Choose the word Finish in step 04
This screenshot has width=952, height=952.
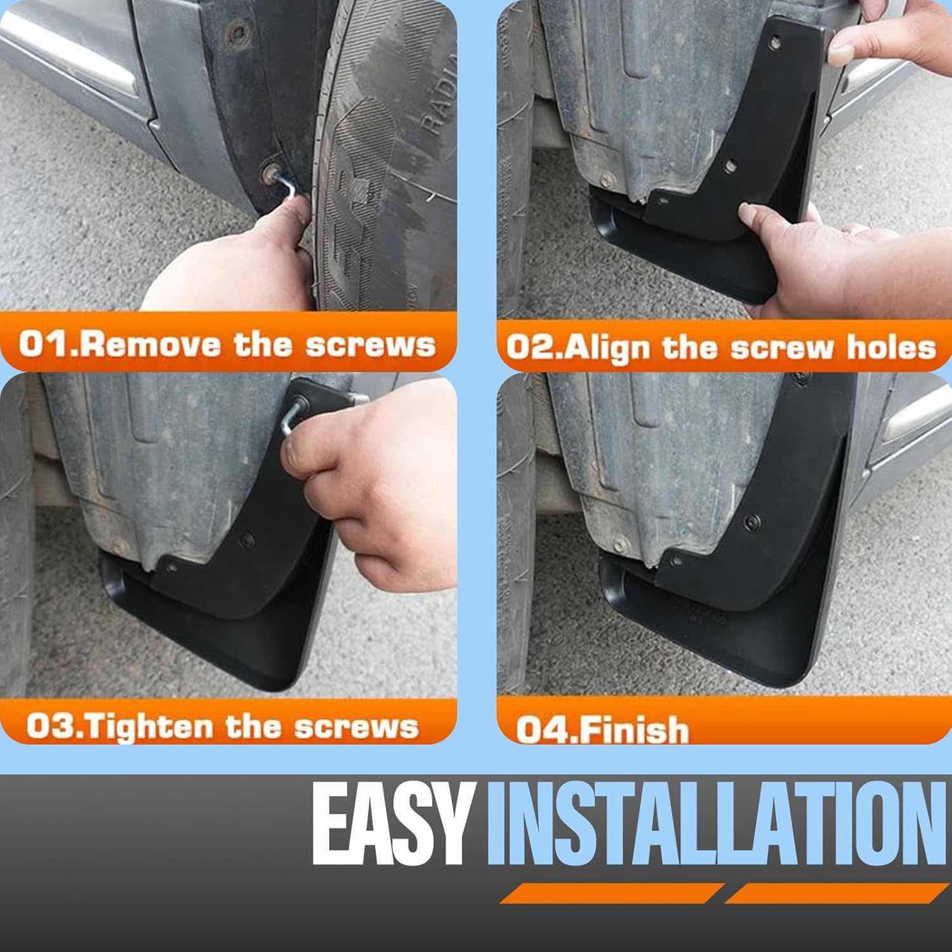tap(634, 729)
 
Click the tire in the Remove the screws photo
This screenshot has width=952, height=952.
tap(387, 159)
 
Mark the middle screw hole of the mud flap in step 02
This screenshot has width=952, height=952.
tap(732, 166)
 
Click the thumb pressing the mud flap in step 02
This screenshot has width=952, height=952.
tap(762, 219)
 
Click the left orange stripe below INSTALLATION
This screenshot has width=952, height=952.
tap(611, 893)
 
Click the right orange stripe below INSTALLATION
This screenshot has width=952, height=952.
tap(836, 893)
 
